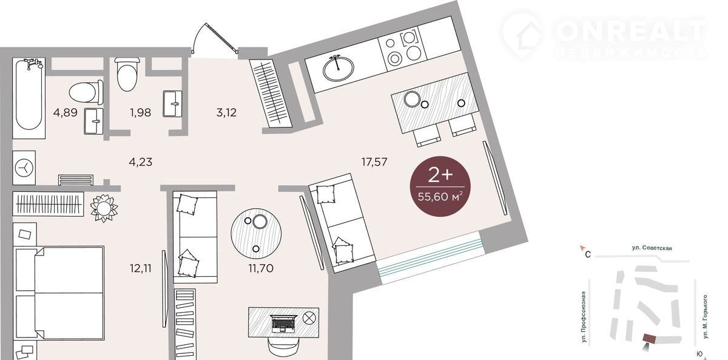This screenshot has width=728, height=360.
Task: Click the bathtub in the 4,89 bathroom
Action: (x=29, y=98)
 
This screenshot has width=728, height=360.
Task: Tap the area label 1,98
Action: (x=140, y=112)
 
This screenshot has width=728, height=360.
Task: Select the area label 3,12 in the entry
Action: (x=226, y=112)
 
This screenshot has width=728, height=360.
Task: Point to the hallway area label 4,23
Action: (x=140, y=161)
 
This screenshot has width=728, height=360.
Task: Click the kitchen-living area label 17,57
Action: (x=374, y=161)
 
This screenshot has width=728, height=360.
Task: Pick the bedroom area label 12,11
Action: (x=140, y=268)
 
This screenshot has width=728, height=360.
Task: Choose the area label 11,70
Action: (x=261, y=268)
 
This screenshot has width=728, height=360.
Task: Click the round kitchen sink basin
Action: (x=339, y=68)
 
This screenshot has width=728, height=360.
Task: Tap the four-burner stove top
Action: (x=403, y=49)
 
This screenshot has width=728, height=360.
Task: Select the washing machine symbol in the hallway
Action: (x=24, y=168)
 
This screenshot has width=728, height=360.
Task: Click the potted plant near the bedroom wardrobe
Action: (x=104, y=208)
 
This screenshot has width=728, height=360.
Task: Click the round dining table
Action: (x=256, y=234)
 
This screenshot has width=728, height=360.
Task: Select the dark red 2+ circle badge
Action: (x=440, y=186)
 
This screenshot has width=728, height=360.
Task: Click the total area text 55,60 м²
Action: (x=440, y=197)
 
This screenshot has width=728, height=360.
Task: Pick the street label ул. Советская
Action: (x=652, y=248)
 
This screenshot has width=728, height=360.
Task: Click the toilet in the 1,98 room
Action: (x=127, y=74)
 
